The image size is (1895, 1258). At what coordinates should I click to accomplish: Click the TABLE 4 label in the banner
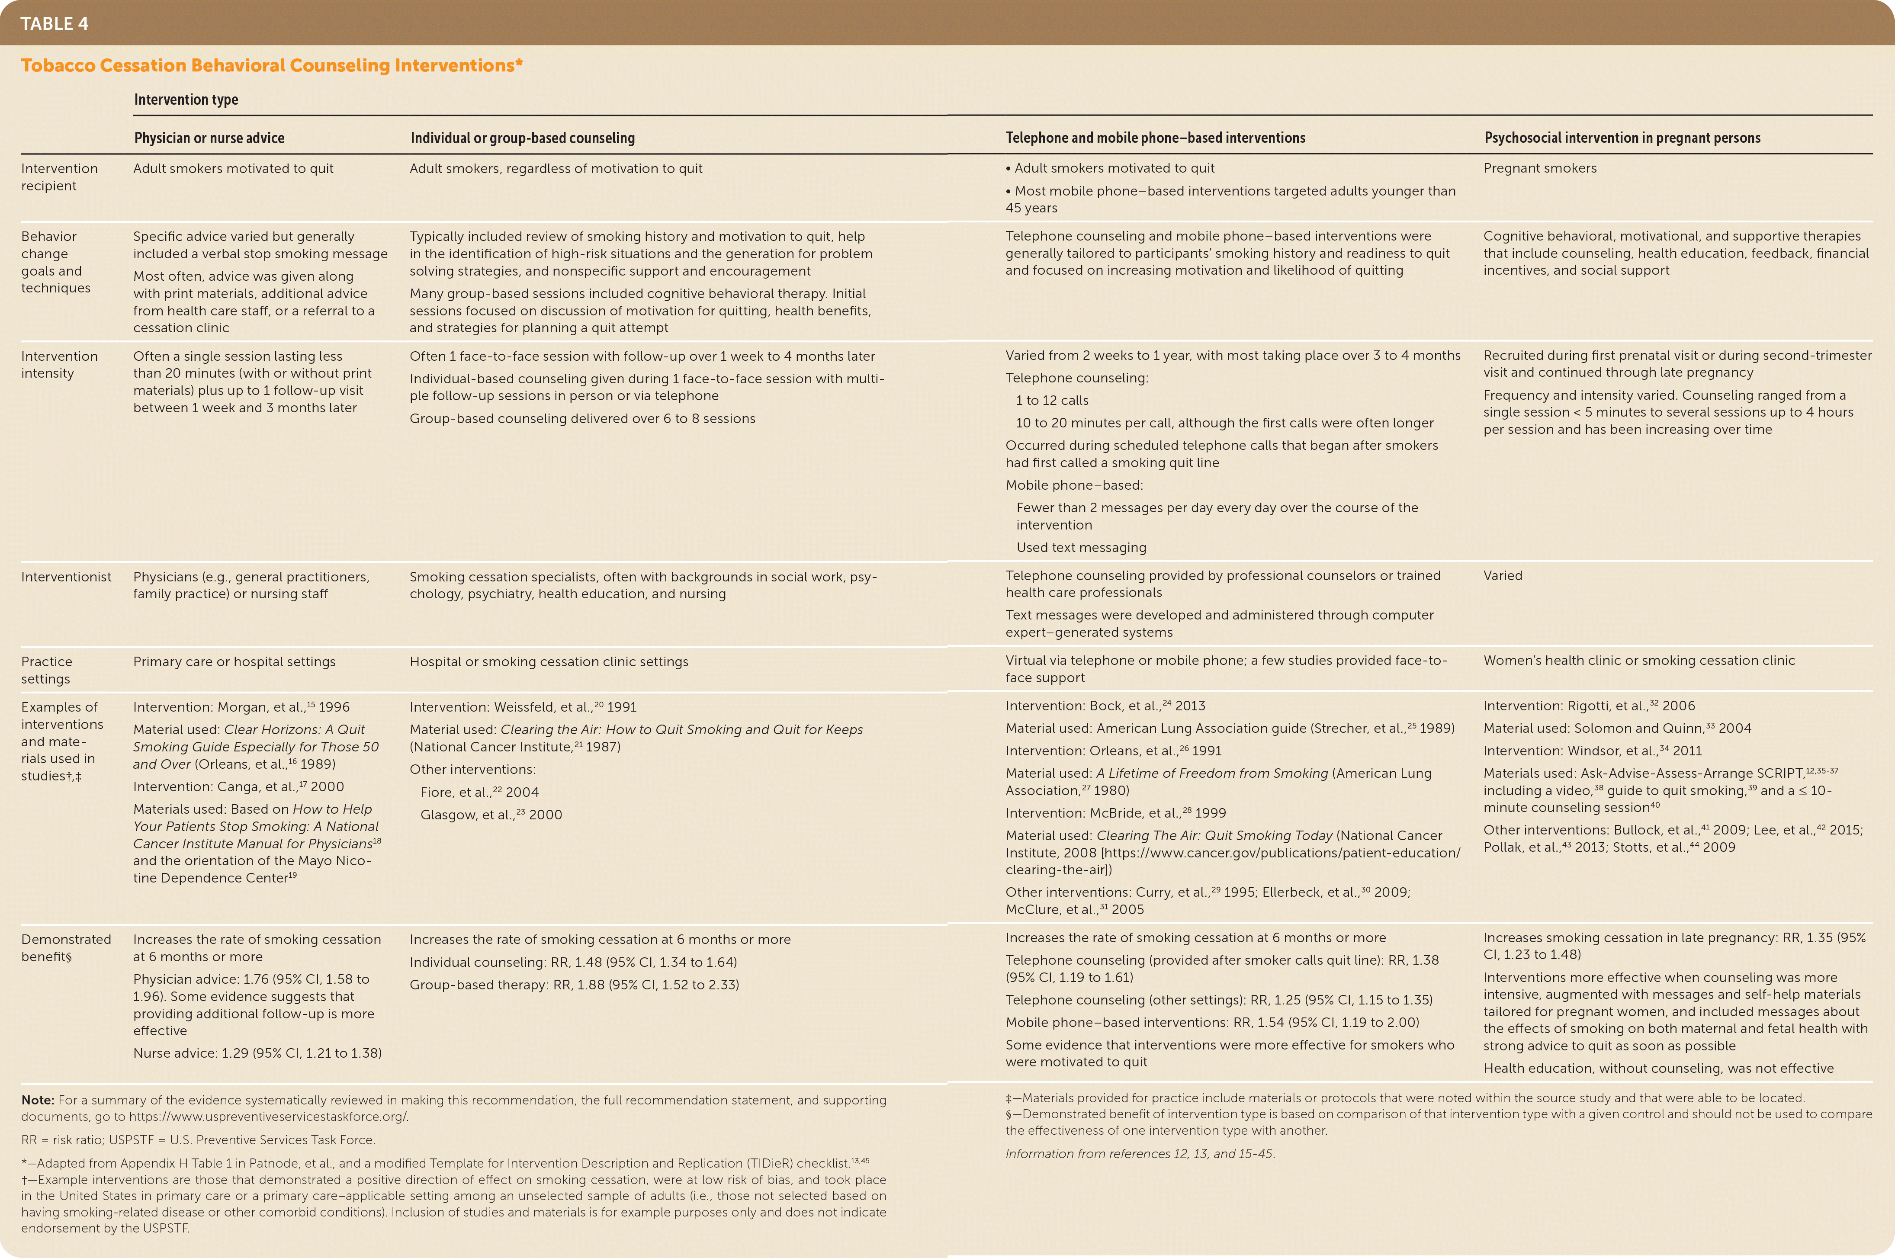pos(55,23)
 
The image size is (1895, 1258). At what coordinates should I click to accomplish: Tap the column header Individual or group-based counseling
pos(522,138)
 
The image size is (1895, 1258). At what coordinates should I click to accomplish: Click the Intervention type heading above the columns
pos(186,99)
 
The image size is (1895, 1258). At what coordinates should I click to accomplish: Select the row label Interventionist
pos(66,577)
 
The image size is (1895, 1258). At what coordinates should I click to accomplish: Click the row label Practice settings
pos(47,670)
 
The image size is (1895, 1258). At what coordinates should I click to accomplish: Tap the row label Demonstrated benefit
pos(66,947)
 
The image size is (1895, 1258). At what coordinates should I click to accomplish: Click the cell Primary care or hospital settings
pos(234,662)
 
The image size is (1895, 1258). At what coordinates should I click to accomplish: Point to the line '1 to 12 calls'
pos(1052,400)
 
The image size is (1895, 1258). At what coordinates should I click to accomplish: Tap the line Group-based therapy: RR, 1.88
pos(574,985)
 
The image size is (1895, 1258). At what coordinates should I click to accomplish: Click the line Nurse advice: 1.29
pos(257,1053)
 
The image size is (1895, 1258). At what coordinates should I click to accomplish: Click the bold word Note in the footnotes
pos(37,1101)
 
